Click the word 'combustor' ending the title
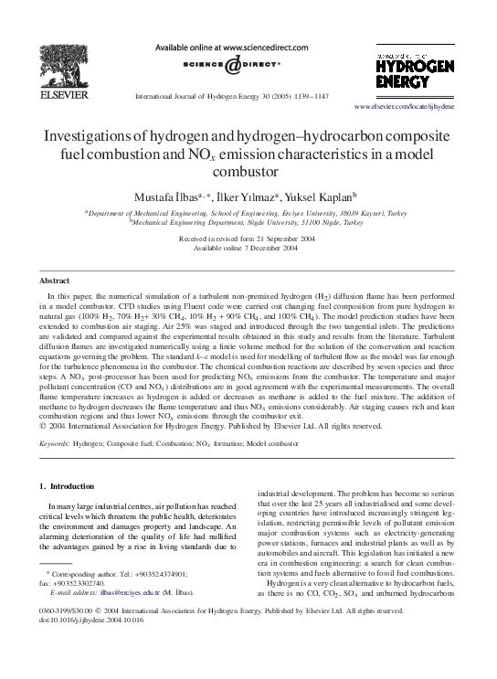point(247,171)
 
